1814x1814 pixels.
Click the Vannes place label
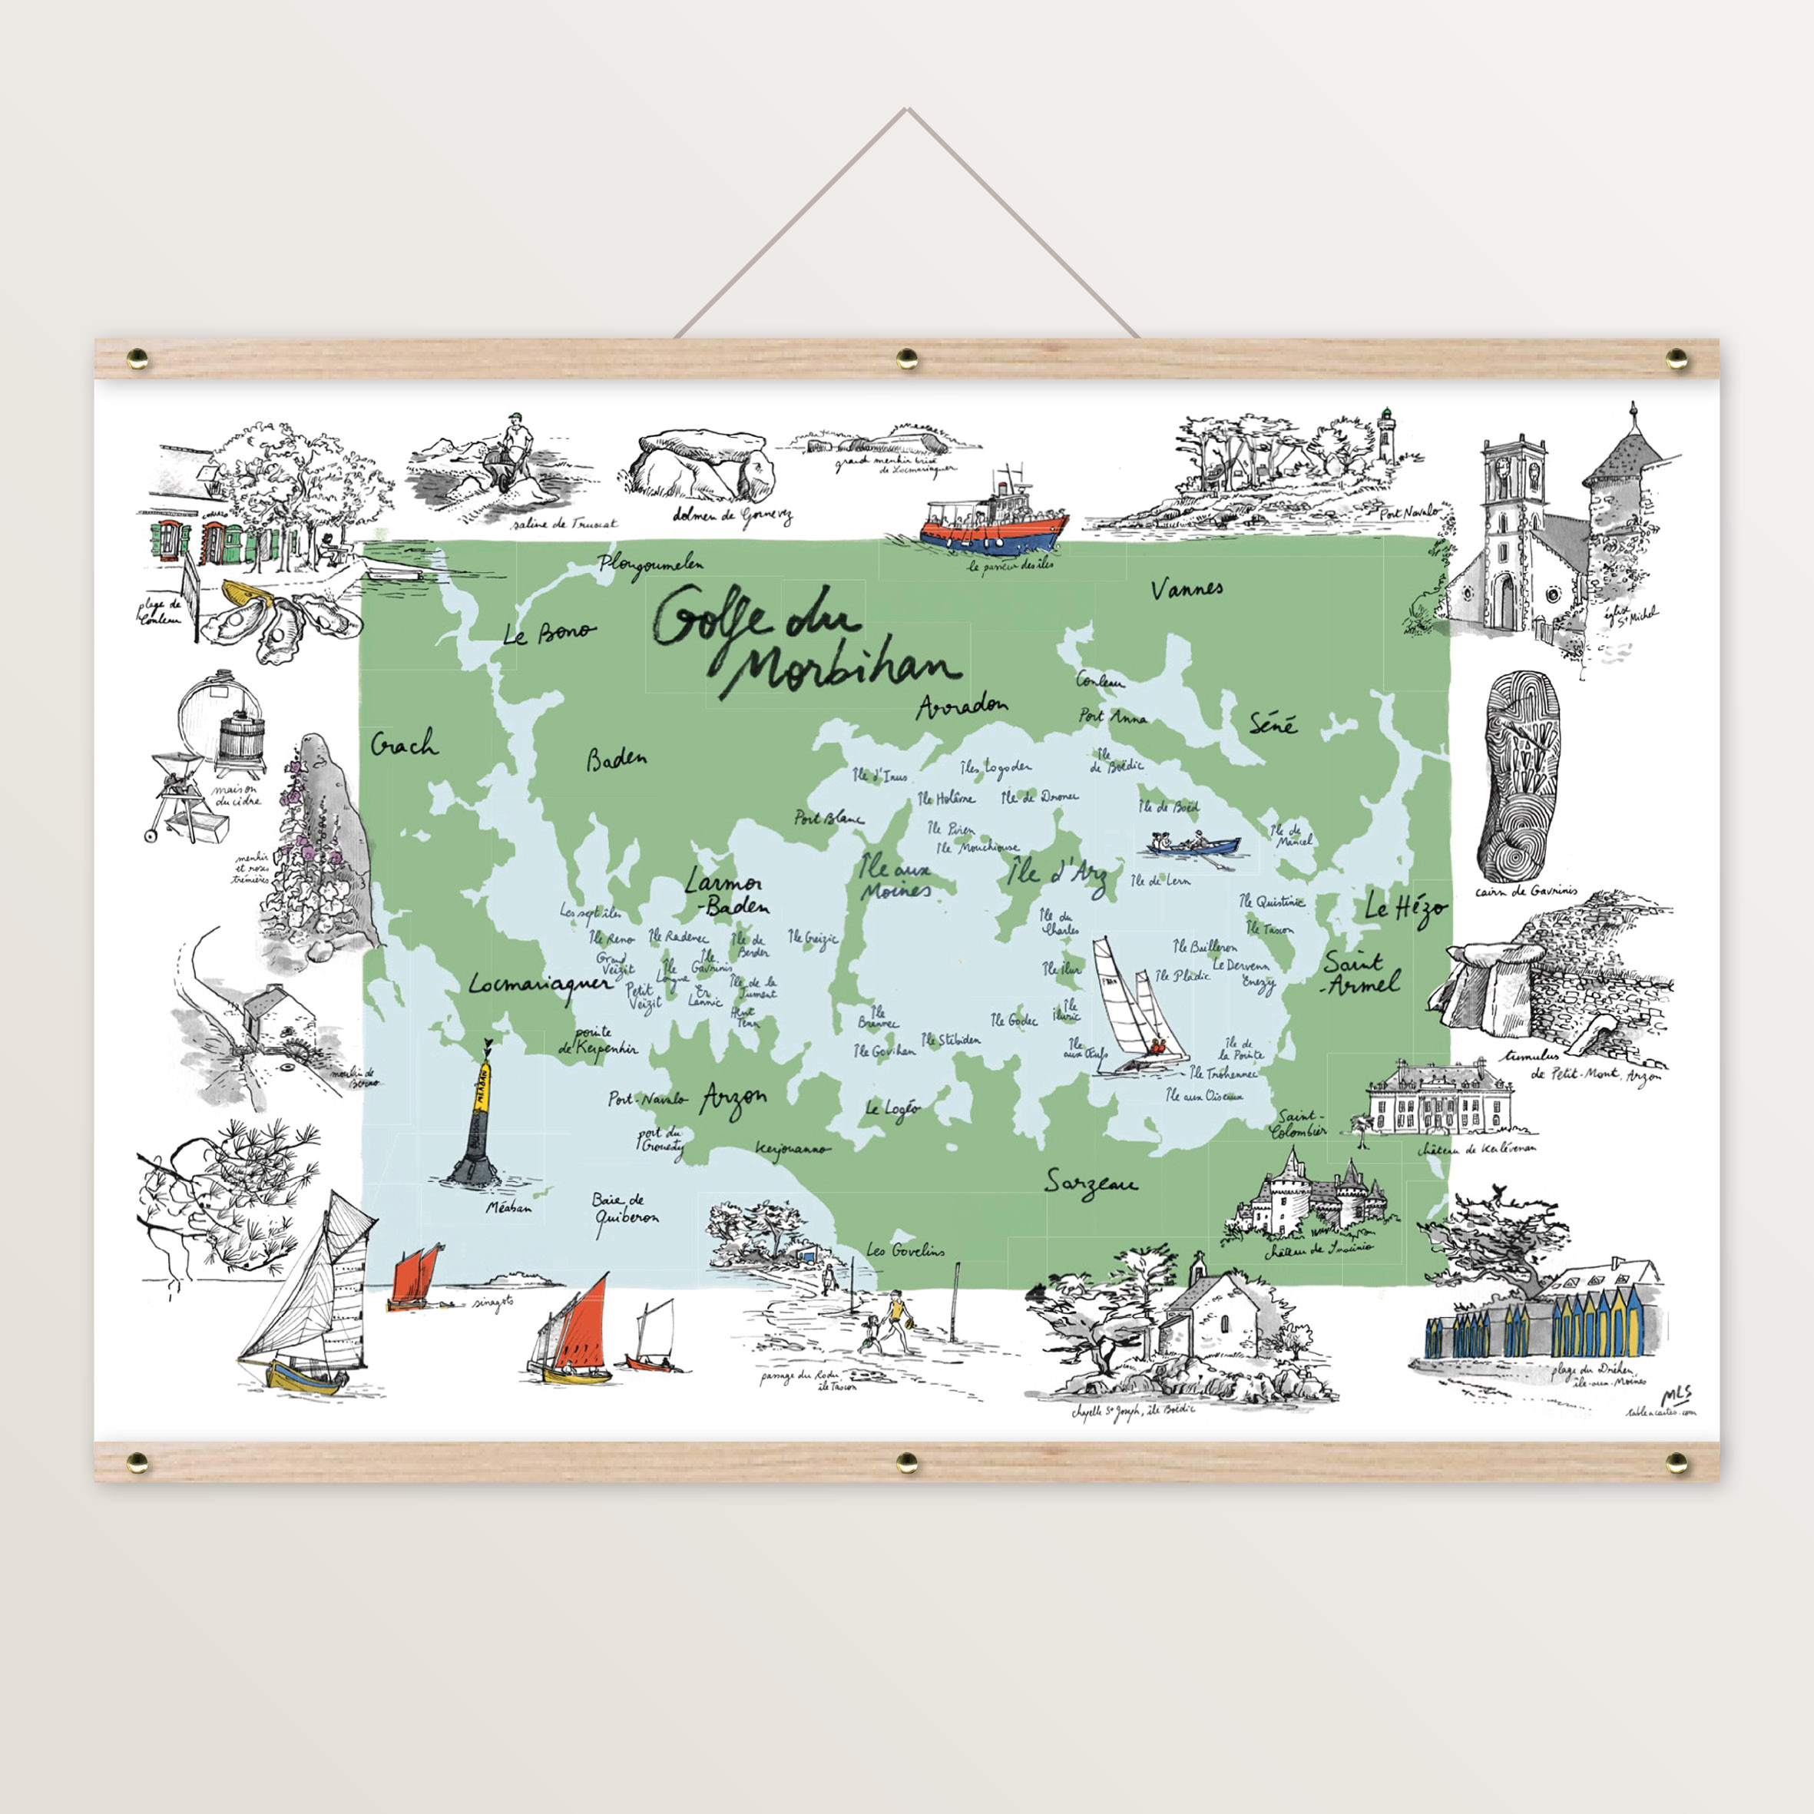tap(1187, 590)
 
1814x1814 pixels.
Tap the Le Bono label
tap(548, 634)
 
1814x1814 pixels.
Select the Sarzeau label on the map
tap(1091, 1185)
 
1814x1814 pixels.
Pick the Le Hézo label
tap(1405, 908)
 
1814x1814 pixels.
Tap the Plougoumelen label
tap(651, 564)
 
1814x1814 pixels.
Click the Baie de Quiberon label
tap(624, 1211)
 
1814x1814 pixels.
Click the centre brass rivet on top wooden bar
tap(907, 357)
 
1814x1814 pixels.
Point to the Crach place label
tap(404, 744)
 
